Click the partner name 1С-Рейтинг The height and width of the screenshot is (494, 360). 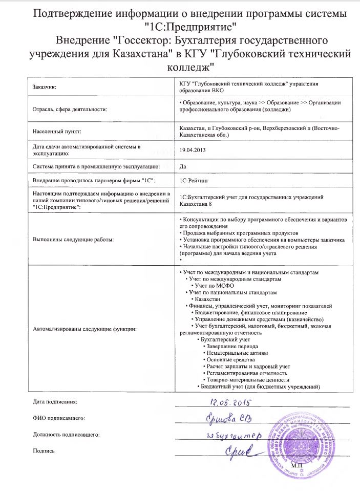point(192,181)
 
